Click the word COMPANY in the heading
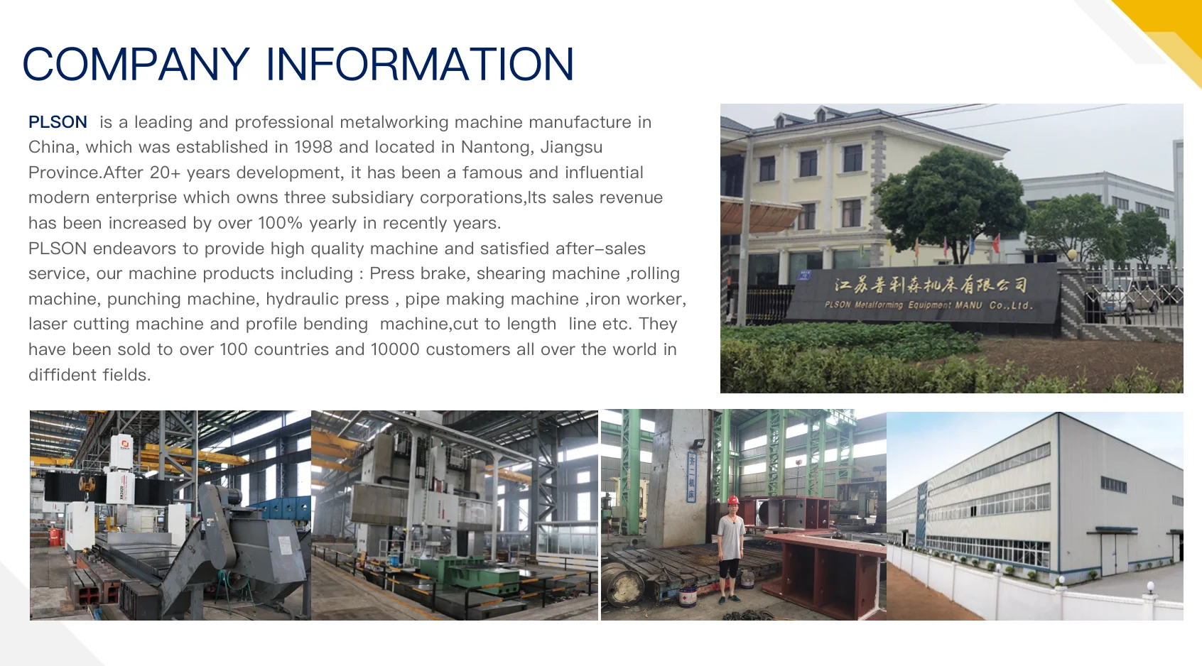point(136,65)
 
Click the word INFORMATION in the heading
point(419,65)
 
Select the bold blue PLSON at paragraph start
point(58,122)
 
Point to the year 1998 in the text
point(313,147)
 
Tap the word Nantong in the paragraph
point(496,147)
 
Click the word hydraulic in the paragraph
point(303,299)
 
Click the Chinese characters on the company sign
point(931,285)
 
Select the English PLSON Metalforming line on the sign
point(928,305)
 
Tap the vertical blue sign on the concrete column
point(691,478)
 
